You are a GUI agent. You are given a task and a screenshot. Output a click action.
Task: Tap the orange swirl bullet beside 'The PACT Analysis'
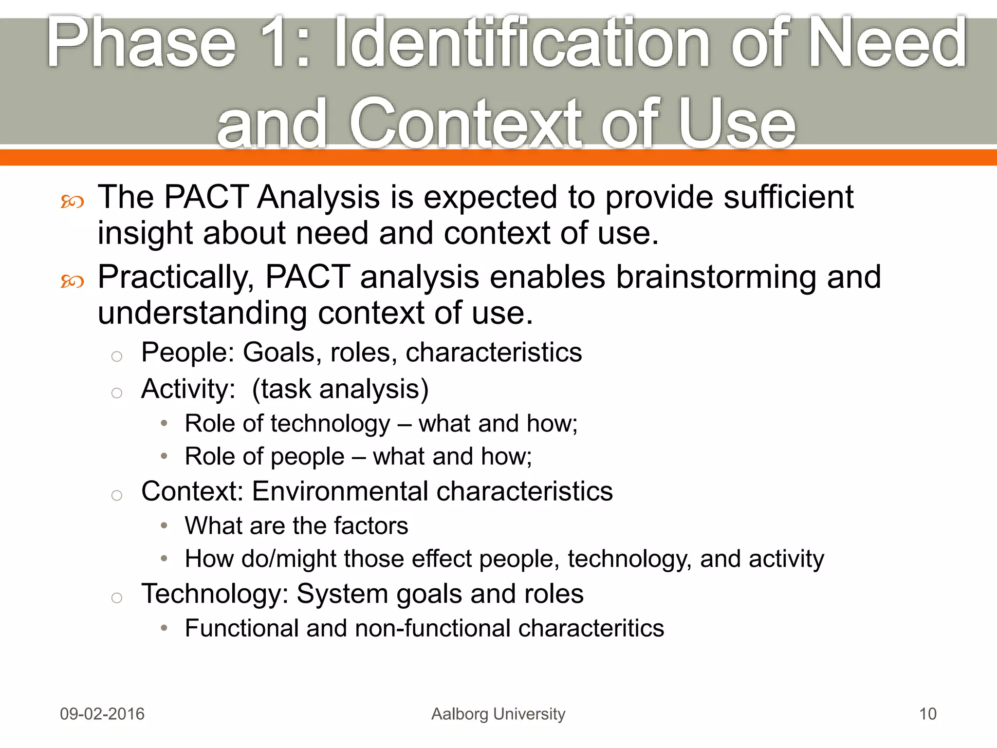click(x=72, y=202)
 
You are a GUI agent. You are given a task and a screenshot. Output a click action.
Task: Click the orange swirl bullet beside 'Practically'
click(x=72, y=281)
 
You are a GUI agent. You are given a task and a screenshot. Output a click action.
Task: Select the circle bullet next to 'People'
click(x=116, y=356)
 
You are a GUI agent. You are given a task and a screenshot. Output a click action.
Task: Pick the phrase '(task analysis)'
click(x=340, y=390)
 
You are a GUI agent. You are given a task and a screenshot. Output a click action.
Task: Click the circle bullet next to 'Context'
click(x=116, y=496)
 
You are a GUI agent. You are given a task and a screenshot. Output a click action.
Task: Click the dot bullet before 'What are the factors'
click(x=164, y=526)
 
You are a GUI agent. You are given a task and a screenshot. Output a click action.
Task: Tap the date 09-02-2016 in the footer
click(x=102, y=714)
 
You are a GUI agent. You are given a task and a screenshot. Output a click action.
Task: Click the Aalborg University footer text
click(x=498, y=714)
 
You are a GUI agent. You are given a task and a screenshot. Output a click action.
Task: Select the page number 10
click(x=927, y=714)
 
